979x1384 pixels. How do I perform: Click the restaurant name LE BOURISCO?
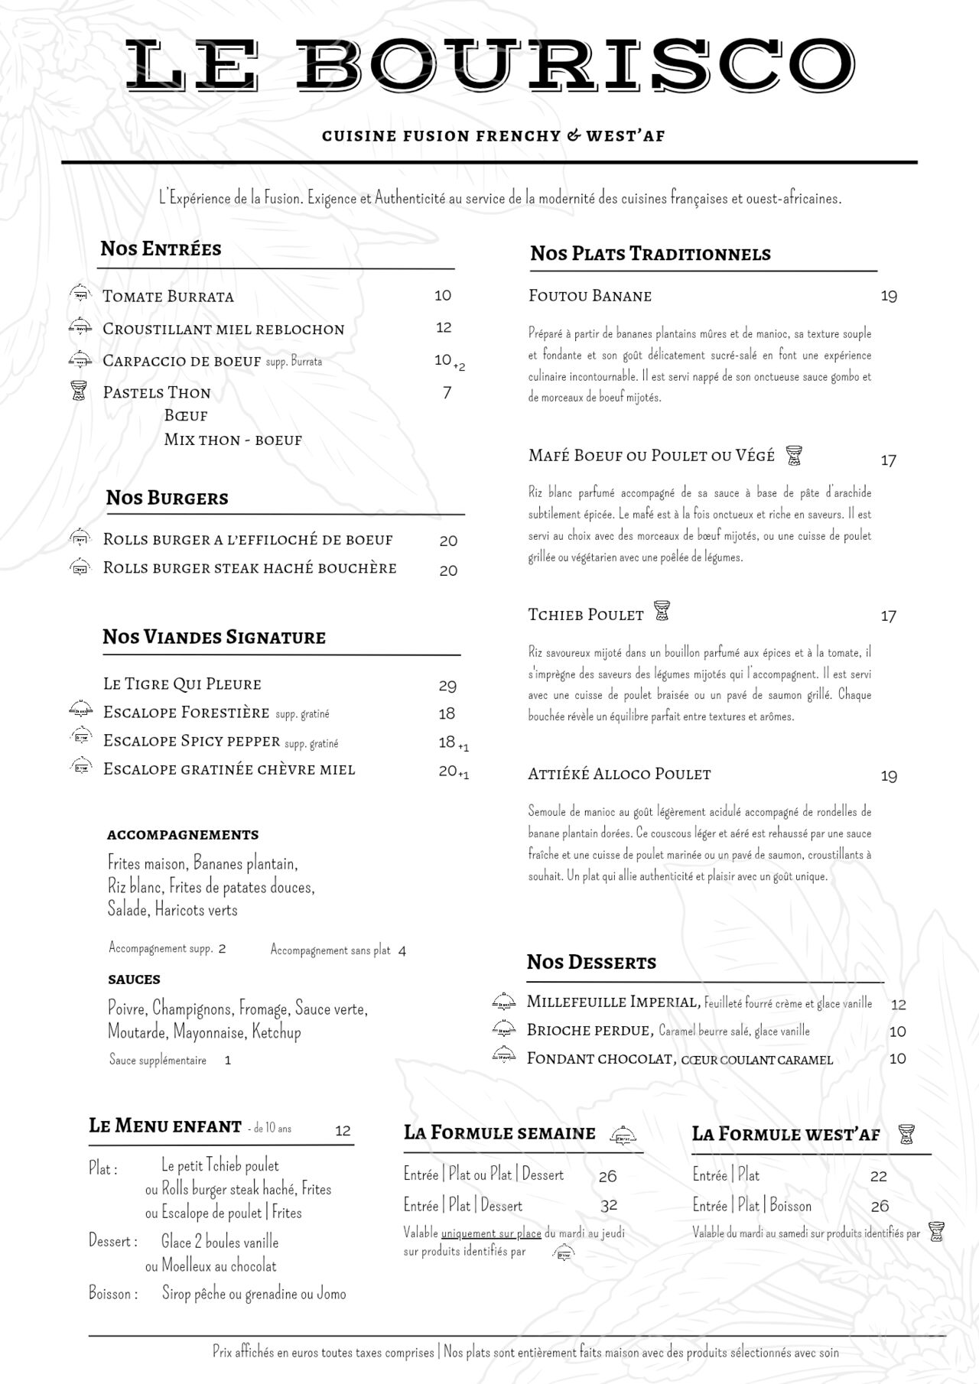point(489,64)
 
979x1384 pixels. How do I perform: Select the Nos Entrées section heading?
point(161,249)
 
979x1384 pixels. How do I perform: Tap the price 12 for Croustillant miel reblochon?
point(444,327)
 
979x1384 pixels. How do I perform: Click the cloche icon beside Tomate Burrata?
point(80,293)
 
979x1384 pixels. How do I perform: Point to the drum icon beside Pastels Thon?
point(79,391)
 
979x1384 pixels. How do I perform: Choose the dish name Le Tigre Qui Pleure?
point(182,684)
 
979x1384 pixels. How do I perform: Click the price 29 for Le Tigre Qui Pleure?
point(447,686)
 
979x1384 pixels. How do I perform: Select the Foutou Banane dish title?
point(590,296)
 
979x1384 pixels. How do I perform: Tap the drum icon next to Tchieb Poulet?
point(661,612)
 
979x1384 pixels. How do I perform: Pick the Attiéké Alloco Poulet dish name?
point(619,774)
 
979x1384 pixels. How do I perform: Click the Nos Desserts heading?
point(591,962)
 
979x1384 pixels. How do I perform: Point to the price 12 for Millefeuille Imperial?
point(899,1005)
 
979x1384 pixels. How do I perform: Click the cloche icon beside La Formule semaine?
point(624,1135)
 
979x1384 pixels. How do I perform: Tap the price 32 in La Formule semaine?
point(609,1206)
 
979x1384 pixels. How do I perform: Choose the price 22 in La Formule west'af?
point(878,1177)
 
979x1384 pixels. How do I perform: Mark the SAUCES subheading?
point(134,980)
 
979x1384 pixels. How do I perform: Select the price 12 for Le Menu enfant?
point(343,1131)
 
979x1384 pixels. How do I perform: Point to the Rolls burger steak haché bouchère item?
point(249,568)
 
